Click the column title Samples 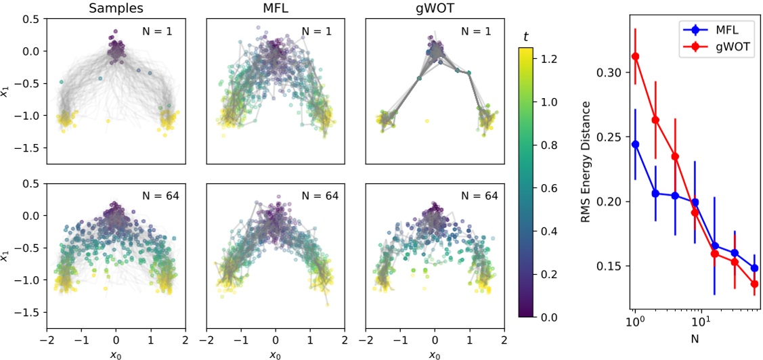click(116, 9)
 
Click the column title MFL click(276, 9)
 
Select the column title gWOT click(435, 9)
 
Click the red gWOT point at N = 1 click(636, 56)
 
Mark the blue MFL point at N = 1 click(636, 144)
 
